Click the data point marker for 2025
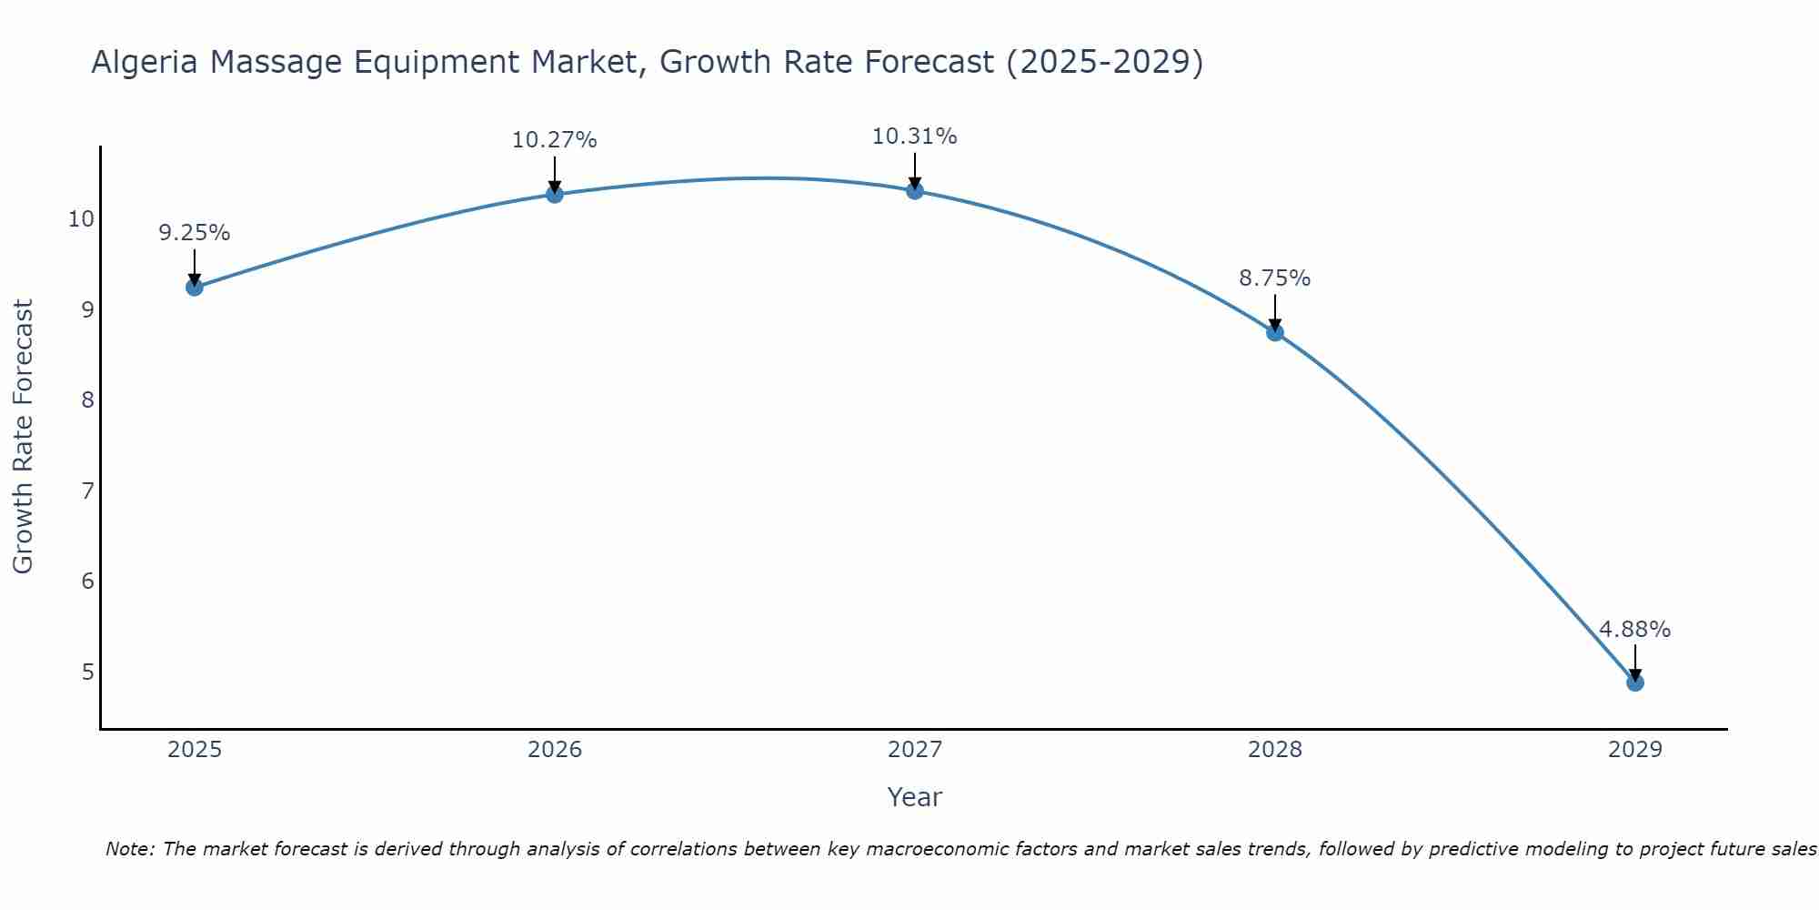coord(195,288)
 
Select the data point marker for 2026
coord(555,194)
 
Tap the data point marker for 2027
coord(915,190)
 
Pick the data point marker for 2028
coord(1275,332)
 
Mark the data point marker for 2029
coord(1635,682)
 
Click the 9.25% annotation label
coord(195,233)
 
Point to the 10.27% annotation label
coord(555,140)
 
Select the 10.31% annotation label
coord(915,136)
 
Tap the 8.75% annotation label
coord(1275,278)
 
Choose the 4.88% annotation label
coord(1635,630)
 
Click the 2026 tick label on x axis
coord(555,750)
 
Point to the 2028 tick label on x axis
coord(1275,750)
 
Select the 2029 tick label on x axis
coord(1635,750)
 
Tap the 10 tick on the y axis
coord(81,219)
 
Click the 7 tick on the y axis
coord(87,491)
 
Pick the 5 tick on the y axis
coord(87,672)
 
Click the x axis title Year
coord(915,797)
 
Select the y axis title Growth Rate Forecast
coord(23,437)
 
